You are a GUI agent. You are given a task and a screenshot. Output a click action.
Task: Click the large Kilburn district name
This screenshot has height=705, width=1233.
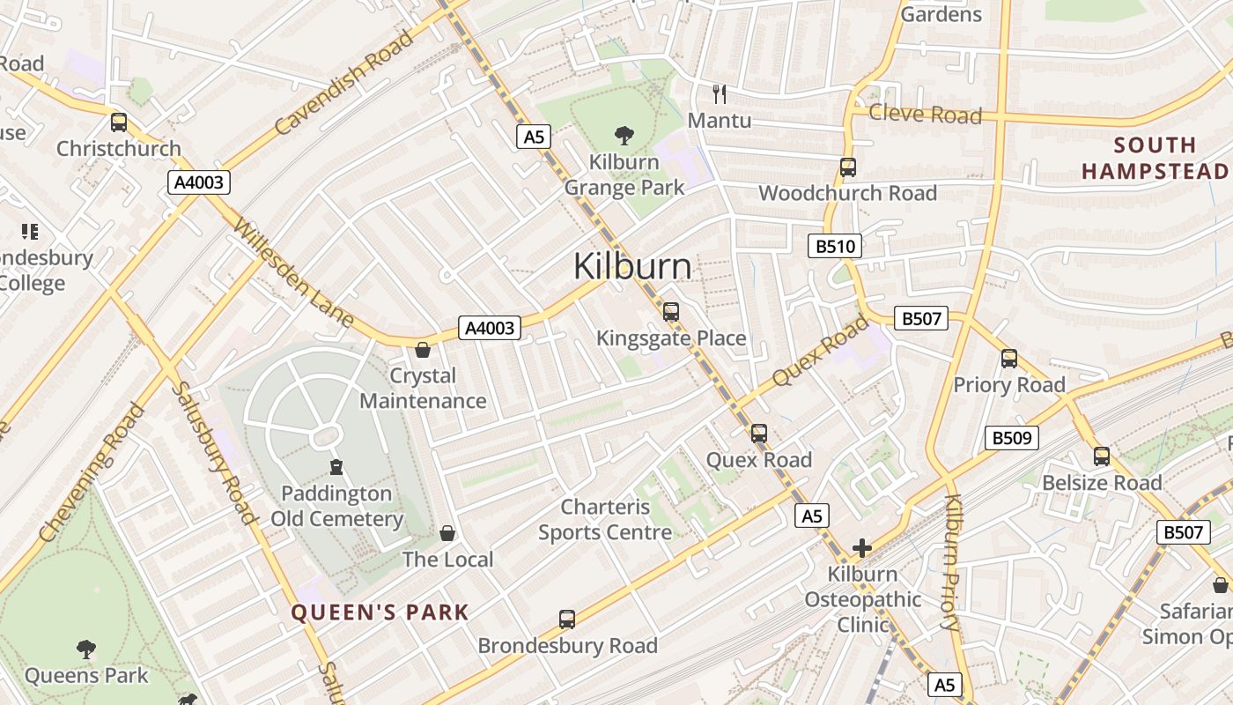click(632, 266)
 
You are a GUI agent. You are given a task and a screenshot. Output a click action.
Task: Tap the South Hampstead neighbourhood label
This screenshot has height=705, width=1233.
click(1154, 158)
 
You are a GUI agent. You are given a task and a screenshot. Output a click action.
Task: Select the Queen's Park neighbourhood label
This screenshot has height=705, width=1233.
click(380, 612)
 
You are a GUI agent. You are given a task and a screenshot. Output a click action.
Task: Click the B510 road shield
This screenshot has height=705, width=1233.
click(834, 246)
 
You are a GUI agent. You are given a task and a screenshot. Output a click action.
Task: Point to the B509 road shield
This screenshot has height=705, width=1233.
click(1011, 437)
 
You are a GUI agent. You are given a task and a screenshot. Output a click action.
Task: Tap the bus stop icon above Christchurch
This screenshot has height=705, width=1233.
click(118, 122)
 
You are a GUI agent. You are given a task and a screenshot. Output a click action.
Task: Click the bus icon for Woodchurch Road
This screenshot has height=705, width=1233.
click(847, 167)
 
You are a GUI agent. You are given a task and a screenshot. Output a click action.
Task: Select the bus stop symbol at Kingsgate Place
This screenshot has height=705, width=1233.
click(671, 311)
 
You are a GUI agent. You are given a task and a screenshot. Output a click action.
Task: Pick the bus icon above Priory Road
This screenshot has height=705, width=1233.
click(1009, 359)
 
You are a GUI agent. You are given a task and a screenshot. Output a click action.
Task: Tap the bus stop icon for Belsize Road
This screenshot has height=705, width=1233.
click(1102, 456)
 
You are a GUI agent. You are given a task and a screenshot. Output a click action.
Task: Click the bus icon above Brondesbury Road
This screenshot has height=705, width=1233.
click(567, 620)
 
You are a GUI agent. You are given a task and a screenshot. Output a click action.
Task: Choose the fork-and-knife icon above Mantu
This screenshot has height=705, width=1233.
click(720, 93)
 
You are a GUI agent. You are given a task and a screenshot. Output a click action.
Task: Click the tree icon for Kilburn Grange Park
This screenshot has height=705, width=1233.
click(624, 135)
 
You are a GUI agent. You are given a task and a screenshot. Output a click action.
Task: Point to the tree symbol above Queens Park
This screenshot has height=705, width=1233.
click(85, 649)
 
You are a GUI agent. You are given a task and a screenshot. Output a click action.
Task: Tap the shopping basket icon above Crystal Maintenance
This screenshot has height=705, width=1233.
click(423, 350)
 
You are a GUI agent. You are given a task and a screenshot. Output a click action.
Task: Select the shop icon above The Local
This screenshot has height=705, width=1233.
click(447, 533)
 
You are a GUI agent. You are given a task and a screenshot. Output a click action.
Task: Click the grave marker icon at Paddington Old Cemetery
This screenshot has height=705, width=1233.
click(336, 466)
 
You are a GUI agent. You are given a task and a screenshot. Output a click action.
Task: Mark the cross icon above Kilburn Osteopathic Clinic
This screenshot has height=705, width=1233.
click(861, 548)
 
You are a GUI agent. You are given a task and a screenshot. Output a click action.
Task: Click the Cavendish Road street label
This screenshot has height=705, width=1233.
click(343, 83)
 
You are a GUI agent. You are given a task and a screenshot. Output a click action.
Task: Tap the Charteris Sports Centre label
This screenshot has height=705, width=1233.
click(605, 519)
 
